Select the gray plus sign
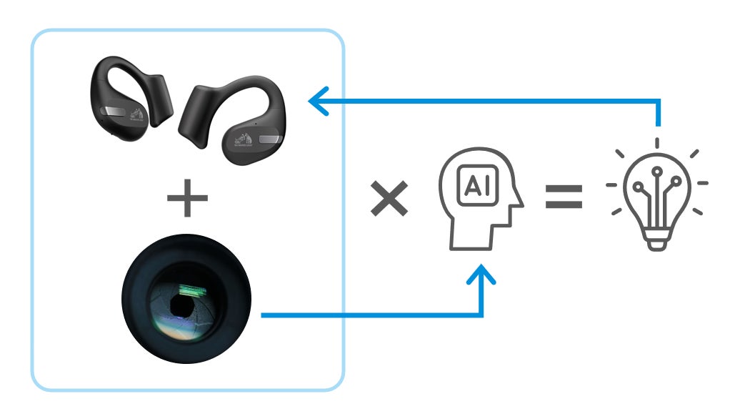(x=187, y=199)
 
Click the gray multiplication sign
(x=389, y=198)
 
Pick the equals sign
(x=564, y=197)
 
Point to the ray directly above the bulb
(x=656, y=142)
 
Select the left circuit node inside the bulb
(x=639, y=179)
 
